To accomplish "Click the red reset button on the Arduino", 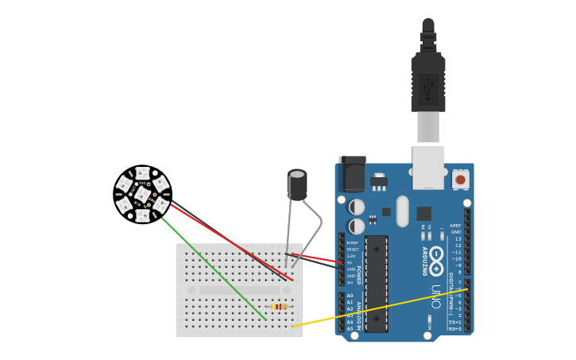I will coord(460,180).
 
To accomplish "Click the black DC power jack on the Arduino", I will coord(352,174).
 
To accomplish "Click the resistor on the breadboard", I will coord(279,306).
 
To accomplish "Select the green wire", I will coord(215,270).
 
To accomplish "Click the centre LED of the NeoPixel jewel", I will coord(142,195).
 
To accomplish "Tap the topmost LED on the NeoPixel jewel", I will coord(142,173).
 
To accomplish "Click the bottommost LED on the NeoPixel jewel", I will coord(142,215).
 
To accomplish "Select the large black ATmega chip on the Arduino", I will coord(376,283).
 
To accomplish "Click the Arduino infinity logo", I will coord(436,261).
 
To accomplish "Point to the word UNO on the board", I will coord(435,296).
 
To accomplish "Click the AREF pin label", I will coord(455,226).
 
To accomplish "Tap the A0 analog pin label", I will coord(350,296).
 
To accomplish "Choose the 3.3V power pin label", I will coord(351,256).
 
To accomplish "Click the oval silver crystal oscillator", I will coord(403,211).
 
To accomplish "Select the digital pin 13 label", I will coord(458,238).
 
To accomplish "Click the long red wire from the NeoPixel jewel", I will coord(230,242).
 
